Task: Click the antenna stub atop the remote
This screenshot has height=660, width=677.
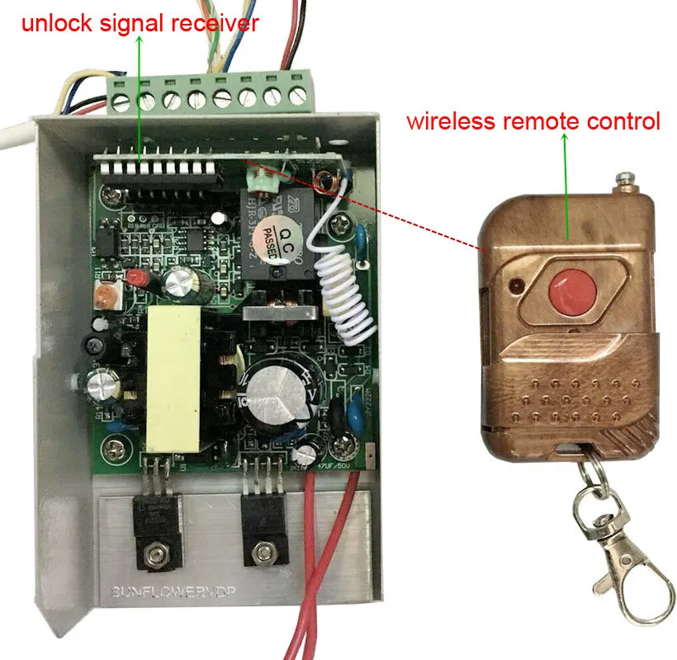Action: tap(626, 177)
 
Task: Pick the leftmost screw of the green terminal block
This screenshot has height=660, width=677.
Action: tap(122, 101)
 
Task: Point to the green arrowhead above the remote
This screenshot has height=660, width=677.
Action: tap(566, 140)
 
